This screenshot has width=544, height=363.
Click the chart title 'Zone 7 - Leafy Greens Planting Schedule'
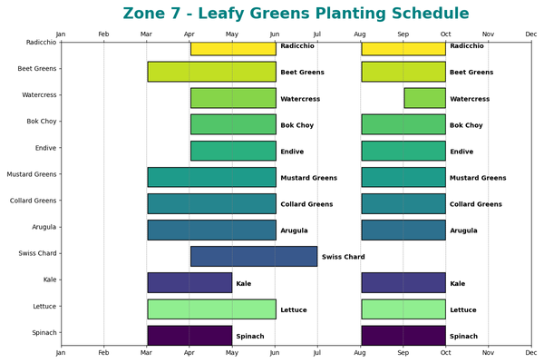pos(296,14)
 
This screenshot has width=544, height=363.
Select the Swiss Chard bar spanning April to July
pos(254,257)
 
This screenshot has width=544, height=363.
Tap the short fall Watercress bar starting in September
pos(424,98)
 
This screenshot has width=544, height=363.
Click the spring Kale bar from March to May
pos(189,283)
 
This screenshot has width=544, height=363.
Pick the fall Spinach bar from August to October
pos(403,336)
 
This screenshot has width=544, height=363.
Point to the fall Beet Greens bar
pos(403,72)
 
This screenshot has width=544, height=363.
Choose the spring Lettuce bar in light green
pos(211,309)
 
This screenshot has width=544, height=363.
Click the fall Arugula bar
pos(403,231)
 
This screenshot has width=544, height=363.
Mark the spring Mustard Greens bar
pos(211,178)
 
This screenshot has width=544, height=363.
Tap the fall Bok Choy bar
pos(403,124)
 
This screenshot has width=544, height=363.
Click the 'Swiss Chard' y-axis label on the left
pos(37,253)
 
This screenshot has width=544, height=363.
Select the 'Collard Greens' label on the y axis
pos(33,201)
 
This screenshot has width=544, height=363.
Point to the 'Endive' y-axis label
pos(44,148)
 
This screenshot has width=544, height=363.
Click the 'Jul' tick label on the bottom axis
pos(317,354)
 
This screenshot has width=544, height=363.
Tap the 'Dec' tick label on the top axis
pos(530,34)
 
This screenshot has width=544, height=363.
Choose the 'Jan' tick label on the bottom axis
pos(61,354)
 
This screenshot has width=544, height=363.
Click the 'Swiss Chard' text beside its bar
pos(343,257)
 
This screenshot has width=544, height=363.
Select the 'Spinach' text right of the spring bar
pos(250,336)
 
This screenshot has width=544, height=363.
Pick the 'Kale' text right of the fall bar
pos(458,283)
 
